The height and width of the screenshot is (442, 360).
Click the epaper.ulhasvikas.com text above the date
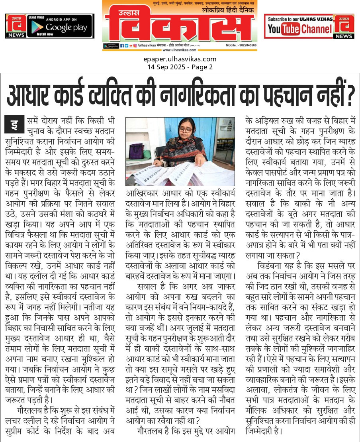tap(180, 59)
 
